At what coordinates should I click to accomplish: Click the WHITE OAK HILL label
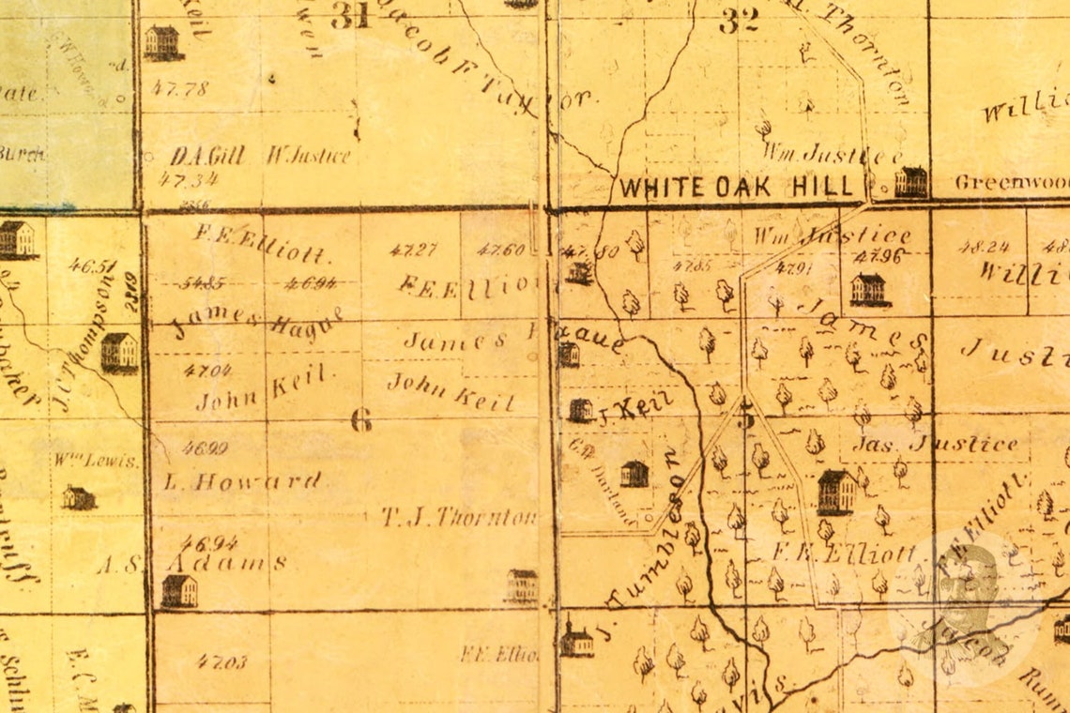click(738, 186)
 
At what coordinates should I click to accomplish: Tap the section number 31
click(350, 16)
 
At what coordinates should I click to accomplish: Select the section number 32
click(739, 21)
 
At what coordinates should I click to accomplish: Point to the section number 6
click(360, 419)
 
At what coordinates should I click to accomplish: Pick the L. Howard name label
click(242, 482)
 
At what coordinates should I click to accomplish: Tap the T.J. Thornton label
click(460, 516)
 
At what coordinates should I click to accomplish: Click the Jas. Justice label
click(935, 444)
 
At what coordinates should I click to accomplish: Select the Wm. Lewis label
click(97, 461)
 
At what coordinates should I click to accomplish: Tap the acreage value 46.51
click(93, 265)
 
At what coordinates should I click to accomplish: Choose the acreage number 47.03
click(222, 661)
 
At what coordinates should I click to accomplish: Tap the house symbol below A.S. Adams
click(179, 591)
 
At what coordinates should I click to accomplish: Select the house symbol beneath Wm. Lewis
click(79, 497)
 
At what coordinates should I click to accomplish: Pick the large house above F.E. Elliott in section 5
click(835, 493)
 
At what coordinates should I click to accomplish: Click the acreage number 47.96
click(879, 254)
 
